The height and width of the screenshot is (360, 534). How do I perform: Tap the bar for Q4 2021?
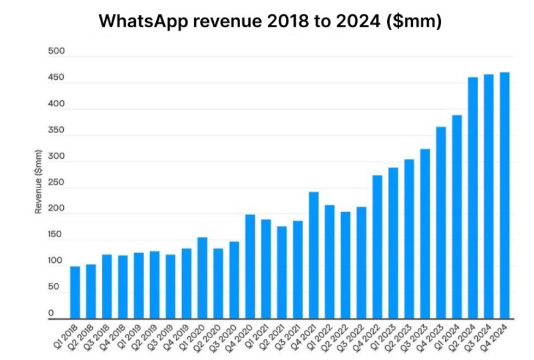[314, 255]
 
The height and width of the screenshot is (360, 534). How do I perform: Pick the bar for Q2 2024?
[473, 197]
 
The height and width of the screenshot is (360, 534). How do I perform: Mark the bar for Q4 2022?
[377, 247]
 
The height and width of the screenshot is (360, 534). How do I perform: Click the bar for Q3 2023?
[425, 233]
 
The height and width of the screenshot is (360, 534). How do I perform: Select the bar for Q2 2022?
[345, 265]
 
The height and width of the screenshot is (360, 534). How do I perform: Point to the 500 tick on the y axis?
[57, 52]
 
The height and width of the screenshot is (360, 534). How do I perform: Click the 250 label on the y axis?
[57, 183]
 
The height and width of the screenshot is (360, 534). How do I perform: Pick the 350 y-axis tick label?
[57, 130]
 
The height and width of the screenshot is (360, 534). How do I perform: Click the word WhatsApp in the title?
[140, 21]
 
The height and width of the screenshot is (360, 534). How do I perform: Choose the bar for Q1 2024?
[457, 217]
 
